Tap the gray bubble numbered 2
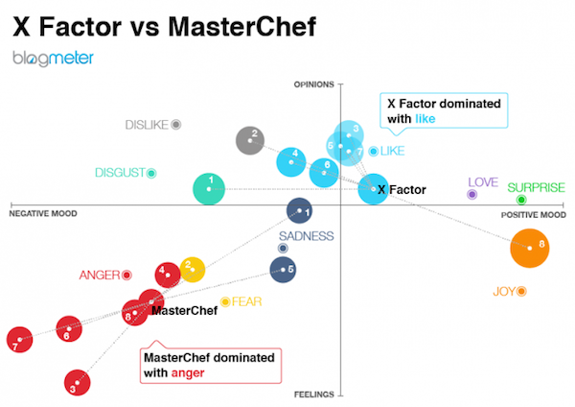[250, 140]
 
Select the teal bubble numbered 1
[210, 186]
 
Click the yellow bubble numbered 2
[193, 269]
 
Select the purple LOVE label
[482, 182]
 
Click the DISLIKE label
[147, 125]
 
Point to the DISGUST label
[119, 173]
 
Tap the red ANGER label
[99, 275]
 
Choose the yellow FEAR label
[246, 300]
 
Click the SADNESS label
[306, 236]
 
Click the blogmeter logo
[53, 60]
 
